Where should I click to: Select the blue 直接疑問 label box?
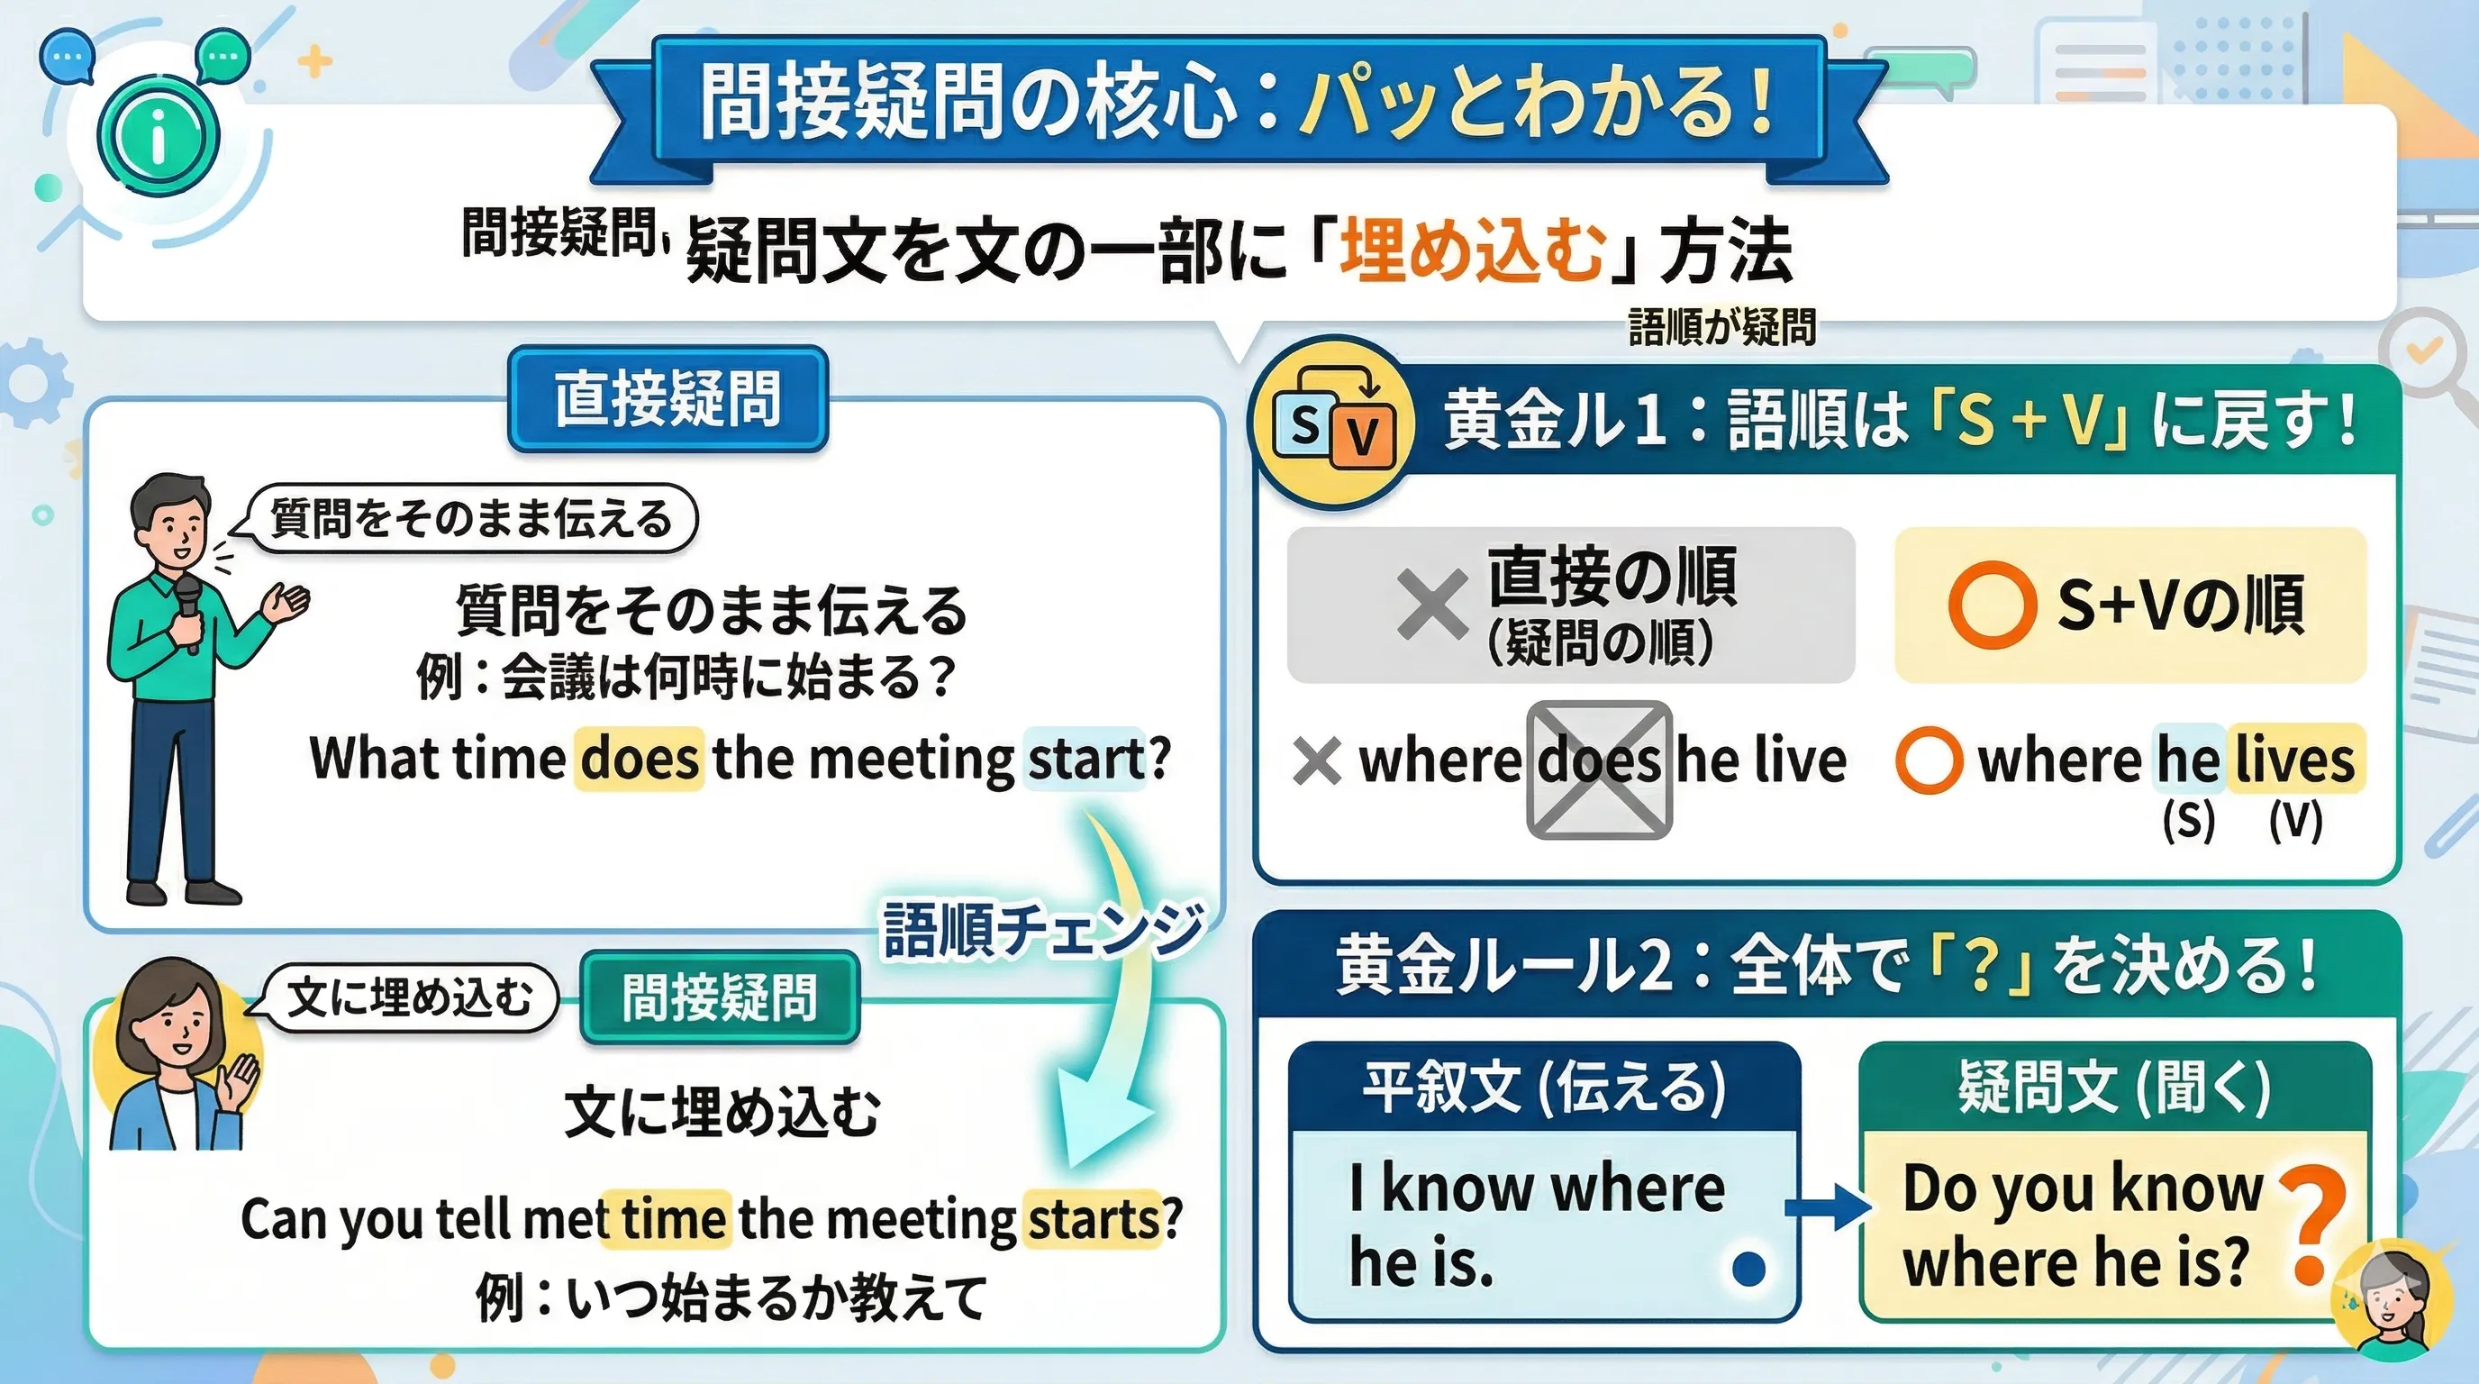point(667,398)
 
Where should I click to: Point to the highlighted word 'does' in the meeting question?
point(639,759)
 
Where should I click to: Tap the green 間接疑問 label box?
point(720,997)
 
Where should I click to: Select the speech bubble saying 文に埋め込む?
point(410,997)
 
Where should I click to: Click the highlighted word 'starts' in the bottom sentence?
point(1094,1219)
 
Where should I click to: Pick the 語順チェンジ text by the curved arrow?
point(1043,930)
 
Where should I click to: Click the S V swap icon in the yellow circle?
point(1334,423)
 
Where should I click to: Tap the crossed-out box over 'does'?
point(1600,770)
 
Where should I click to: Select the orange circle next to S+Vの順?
point(1992,605)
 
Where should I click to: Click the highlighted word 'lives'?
point(2295,759)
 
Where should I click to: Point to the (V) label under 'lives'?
point(2296,821)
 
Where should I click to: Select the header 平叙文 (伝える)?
point(1545,1088)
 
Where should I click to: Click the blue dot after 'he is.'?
point(1748,1269)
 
